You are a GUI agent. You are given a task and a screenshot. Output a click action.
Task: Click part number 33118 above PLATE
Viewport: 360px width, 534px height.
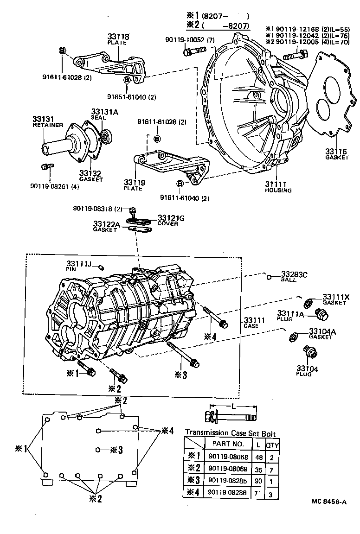(118, 37)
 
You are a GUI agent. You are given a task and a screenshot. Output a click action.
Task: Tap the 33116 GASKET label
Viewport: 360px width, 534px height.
(336, 154)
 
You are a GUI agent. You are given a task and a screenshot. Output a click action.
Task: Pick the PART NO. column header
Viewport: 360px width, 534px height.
(228, 444)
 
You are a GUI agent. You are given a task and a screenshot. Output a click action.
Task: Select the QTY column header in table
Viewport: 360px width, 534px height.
(271, 444)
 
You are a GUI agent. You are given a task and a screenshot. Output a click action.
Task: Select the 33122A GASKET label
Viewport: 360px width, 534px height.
(106, 227)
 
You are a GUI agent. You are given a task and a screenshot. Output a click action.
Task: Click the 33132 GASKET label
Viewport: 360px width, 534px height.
(90, 176)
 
